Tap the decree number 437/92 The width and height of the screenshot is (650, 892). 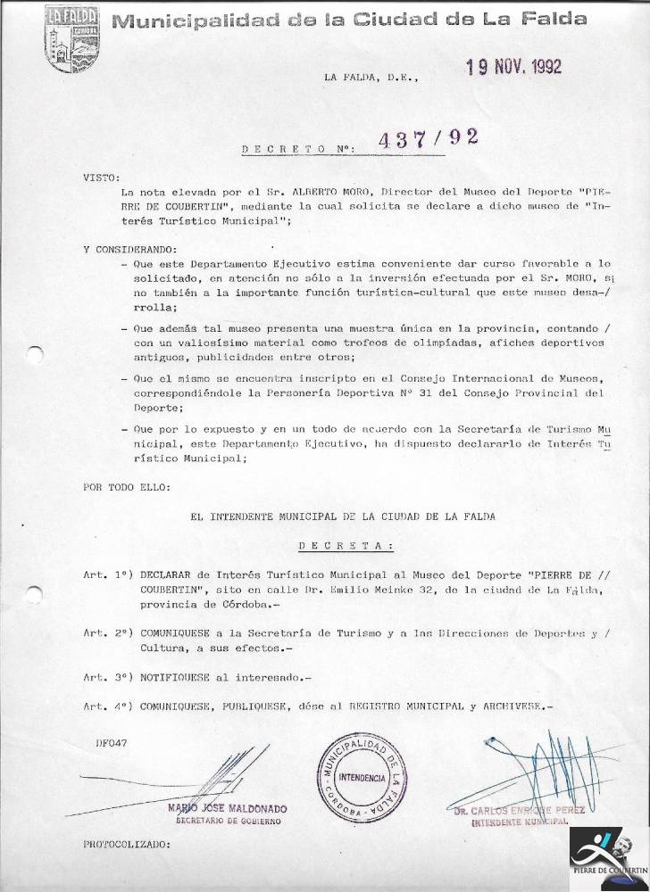tap(429, 140)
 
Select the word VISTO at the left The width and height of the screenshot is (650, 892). tap(101, 178)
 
